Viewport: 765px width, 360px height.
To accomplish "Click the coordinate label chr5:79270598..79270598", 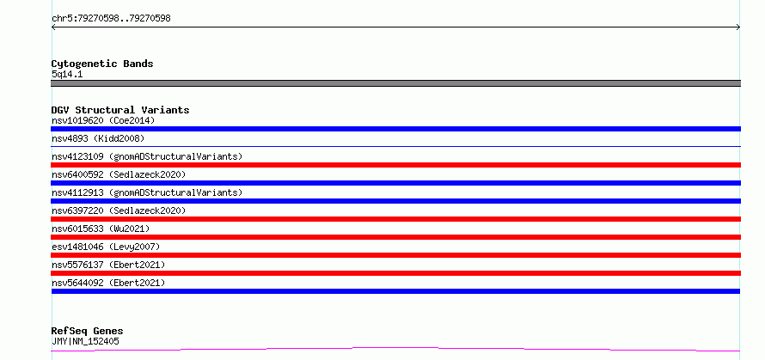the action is pos(111,19).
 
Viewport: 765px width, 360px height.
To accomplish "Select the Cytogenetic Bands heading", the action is pos(102,64).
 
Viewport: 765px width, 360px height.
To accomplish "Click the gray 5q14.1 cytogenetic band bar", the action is pos(395,83).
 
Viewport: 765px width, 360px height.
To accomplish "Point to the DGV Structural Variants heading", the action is pos(120,110).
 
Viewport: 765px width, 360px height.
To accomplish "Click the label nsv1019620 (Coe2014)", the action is pos(103,120).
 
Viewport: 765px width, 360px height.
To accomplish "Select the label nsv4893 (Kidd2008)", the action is pos(98,138).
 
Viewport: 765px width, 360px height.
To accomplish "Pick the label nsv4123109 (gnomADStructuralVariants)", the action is pos(147,156).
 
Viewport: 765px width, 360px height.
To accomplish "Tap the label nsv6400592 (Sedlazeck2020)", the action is pos(119,174).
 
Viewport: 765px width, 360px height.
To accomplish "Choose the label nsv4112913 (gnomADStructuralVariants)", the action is pos(147,192).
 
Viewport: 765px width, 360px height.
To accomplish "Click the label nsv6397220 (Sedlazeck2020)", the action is pos(119,211).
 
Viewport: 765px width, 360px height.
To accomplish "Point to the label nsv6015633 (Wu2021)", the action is pos(101,229).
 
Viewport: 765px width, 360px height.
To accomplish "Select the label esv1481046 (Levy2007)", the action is pos(106,247).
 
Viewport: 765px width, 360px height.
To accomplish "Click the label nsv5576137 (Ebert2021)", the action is pos(108,265).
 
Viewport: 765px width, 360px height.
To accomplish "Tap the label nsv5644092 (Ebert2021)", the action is pos(108,283).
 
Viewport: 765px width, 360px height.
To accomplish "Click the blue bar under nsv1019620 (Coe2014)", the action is pos(395,129).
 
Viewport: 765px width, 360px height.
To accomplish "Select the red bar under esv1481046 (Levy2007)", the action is pos(395,255).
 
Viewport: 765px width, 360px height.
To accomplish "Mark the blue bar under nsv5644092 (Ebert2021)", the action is pos(395,291).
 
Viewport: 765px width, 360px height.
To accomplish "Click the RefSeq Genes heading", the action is pos(88,332).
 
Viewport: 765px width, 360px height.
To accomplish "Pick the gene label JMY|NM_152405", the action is pos(85,341).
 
